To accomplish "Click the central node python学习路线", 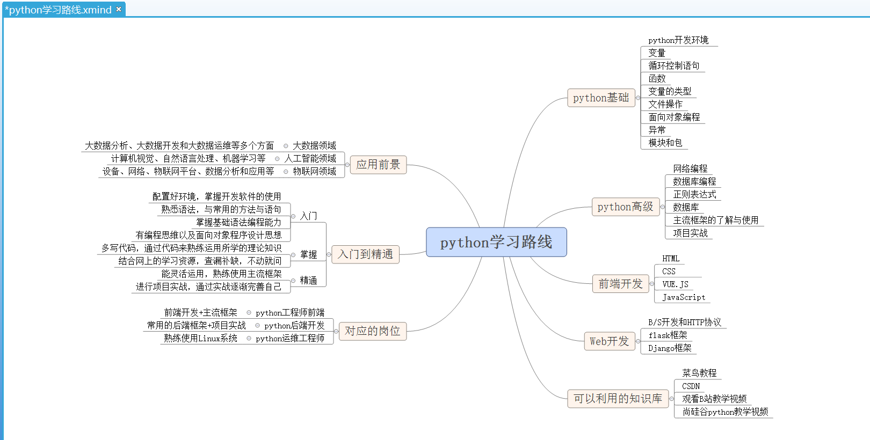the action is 496,242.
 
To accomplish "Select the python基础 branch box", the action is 601,98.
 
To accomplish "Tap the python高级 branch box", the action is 625,207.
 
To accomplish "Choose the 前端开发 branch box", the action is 620,284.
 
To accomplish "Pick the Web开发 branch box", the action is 609,341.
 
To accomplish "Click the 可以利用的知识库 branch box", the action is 618,399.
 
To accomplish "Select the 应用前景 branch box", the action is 378,165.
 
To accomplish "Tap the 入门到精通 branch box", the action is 365,254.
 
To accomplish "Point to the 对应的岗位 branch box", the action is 372,331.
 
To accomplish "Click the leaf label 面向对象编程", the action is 674,117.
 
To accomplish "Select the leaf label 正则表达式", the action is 694,194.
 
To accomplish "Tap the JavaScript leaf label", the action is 684,297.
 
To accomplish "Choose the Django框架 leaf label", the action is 670,348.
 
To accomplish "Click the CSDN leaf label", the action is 691,386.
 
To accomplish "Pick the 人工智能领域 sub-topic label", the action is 310,158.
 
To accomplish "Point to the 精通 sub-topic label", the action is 308,280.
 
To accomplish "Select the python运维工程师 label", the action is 290,339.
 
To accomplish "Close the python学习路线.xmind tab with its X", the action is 119,9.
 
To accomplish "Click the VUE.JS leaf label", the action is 675,284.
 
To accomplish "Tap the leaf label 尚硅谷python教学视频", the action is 725,412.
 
